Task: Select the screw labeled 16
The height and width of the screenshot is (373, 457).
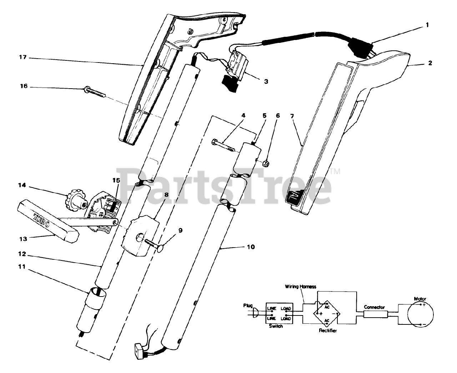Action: coord(96,93)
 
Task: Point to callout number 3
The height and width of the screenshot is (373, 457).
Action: coord(266,81)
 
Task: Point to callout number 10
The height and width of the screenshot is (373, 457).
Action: coord(251,247)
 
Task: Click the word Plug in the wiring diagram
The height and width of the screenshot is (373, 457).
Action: coord(248,305)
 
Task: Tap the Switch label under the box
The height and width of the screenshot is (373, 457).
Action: coord(275,326)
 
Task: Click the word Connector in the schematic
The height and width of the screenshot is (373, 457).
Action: coord(374,307)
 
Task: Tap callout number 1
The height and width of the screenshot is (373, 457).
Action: coord(427,25)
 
